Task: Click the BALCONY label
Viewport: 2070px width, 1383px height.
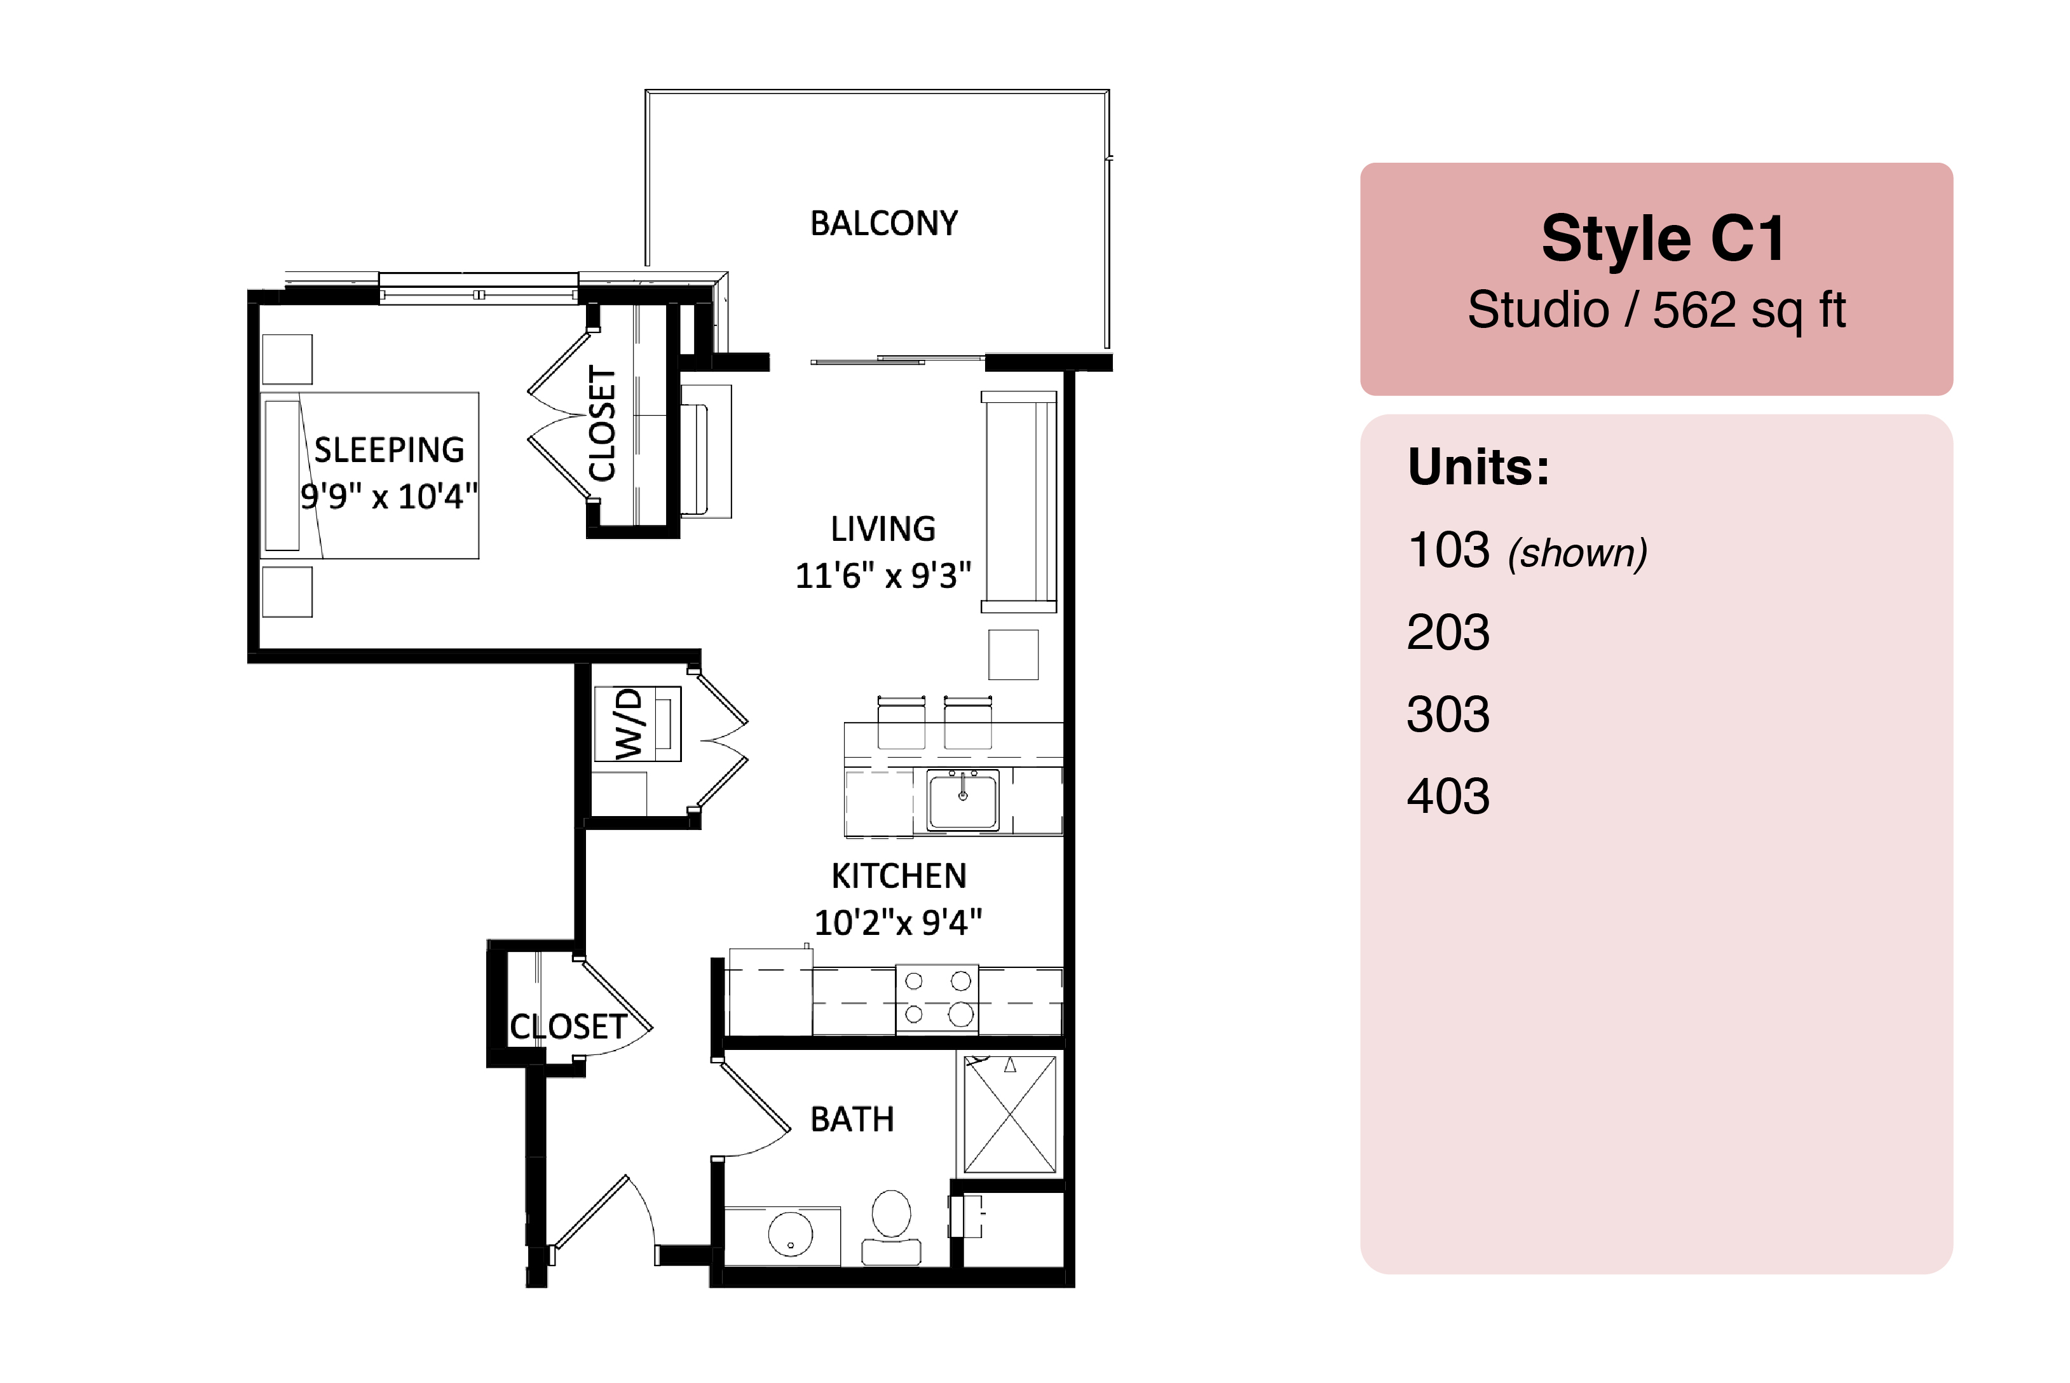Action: pos(884,224)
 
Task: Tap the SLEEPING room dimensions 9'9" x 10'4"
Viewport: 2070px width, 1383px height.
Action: pos(389,496)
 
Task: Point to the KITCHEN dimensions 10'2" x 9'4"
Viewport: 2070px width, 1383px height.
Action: pos(898,923)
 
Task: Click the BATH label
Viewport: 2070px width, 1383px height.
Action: pos(852,1119)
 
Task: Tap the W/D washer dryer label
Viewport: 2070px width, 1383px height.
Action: pos(629,724)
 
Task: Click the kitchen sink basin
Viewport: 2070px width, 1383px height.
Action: pos(963,799)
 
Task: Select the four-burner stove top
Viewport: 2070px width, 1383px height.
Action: pos(937,998)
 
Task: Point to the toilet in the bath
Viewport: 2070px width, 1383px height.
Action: pos(891,1227)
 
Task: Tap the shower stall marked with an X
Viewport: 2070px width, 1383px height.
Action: pos(1010,1114)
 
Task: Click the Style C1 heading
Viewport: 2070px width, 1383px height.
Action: pos(1663,239)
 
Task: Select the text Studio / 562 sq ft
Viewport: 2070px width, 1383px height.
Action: pos(1656,310)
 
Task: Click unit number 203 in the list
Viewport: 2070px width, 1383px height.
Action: pos(1448,632)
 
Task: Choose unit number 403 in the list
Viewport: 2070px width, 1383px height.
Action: pos(1448,796)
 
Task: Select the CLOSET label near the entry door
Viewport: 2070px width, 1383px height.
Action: pos(568,1026)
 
